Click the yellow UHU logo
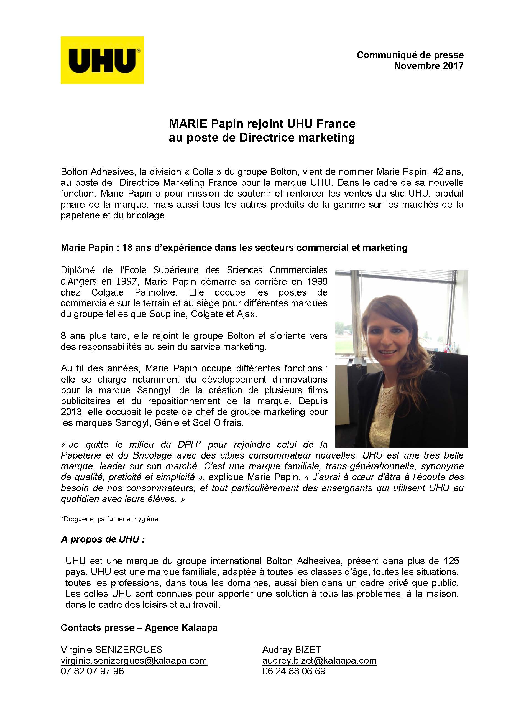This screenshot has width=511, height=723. click(102, 60)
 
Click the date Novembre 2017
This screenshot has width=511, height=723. click(428, 66)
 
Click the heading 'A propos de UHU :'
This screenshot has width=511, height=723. click(103, 539)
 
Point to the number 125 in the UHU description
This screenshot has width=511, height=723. click(451, 561)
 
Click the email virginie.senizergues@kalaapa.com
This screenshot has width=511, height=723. click(134, 660)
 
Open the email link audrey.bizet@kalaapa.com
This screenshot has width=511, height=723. click(319, 660)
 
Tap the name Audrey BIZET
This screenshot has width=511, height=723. click(292, 649)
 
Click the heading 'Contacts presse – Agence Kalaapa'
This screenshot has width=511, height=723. click(139, 628)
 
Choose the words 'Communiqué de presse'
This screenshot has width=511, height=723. click(410, 55)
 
